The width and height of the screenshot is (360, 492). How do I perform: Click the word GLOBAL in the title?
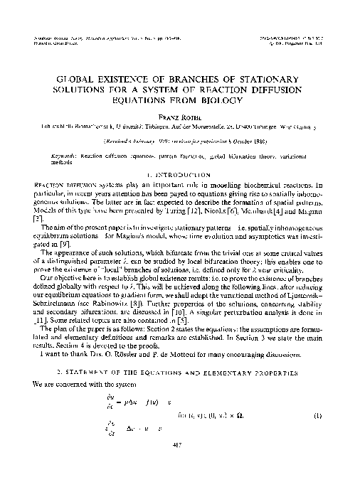[x=73, y=76]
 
